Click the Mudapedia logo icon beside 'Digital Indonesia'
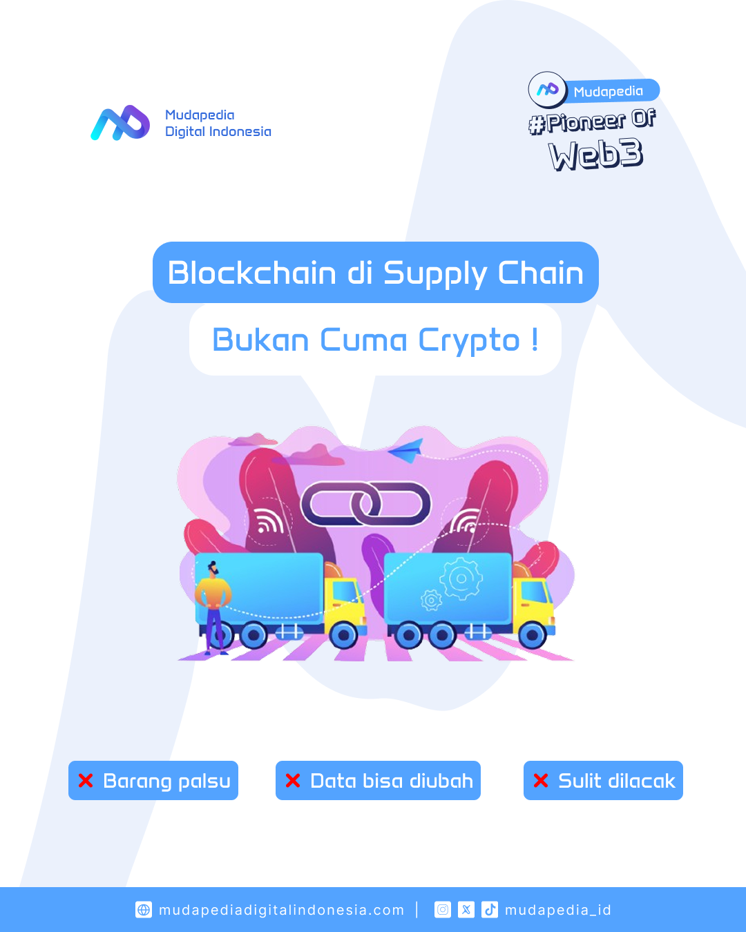pos(120,123)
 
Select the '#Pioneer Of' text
pos(592,121)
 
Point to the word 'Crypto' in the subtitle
pos(469,340)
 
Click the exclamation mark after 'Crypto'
pos(535,340)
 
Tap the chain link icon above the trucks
pos(365,503)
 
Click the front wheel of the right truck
pos(533,634)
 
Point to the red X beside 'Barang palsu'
pos(86,781)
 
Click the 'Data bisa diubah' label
pos(392,781)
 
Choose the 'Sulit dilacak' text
pos(616,781)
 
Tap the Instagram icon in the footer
pos(443,909)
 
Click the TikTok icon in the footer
pos(490,909)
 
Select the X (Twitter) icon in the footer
pos(466,909)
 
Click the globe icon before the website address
pos(144,909)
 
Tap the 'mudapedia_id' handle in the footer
pos(558,910)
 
